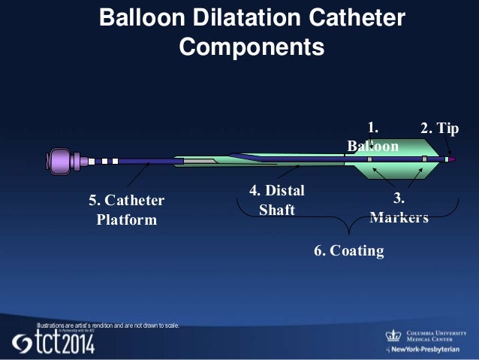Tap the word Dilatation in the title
(x=245, y=17)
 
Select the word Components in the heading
(x=252, y=47)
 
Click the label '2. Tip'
(x=439, y=129)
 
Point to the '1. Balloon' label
(x=373, y=136)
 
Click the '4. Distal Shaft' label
(x=276, y=201)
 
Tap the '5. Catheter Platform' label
(x=126, y=210)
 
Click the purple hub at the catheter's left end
(x=60, y=161)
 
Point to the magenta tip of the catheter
(x=452, y=159)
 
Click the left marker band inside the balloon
(x=369, y=159)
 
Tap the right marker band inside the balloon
(x=424, y=159)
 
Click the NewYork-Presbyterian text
(x=429, y=350)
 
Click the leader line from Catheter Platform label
(x=140, y=176)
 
